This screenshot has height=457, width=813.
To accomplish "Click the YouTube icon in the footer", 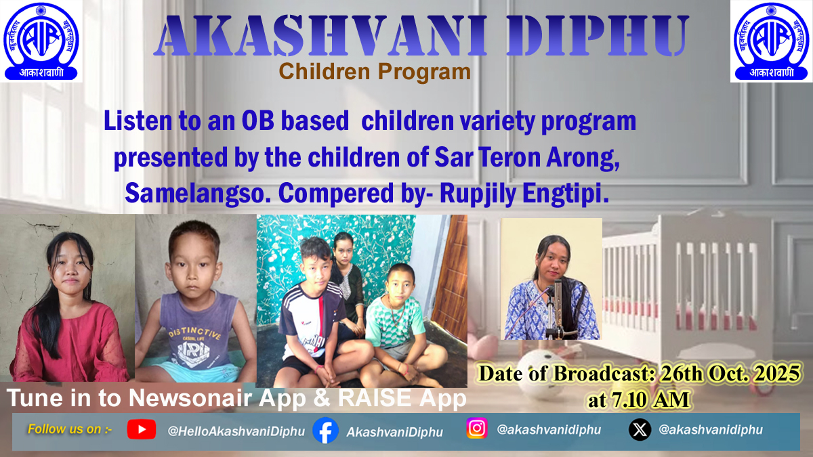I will click(141, 429).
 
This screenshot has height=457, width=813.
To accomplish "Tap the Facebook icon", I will click(326, 431).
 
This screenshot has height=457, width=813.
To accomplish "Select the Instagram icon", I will click(477, 429).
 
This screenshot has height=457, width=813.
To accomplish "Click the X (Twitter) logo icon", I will click(640, 430).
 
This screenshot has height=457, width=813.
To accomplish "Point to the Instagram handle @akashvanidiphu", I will click(548, 429).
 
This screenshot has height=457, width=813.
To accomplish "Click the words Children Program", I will click(375, 71).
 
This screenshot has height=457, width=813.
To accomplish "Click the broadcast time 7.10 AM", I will click(638, 399).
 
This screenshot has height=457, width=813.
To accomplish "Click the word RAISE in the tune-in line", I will click(360, 398).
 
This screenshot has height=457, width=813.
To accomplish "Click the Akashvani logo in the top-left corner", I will click(41, 41).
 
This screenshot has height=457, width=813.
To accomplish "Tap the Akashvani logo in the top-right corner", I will click(771, 41).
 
